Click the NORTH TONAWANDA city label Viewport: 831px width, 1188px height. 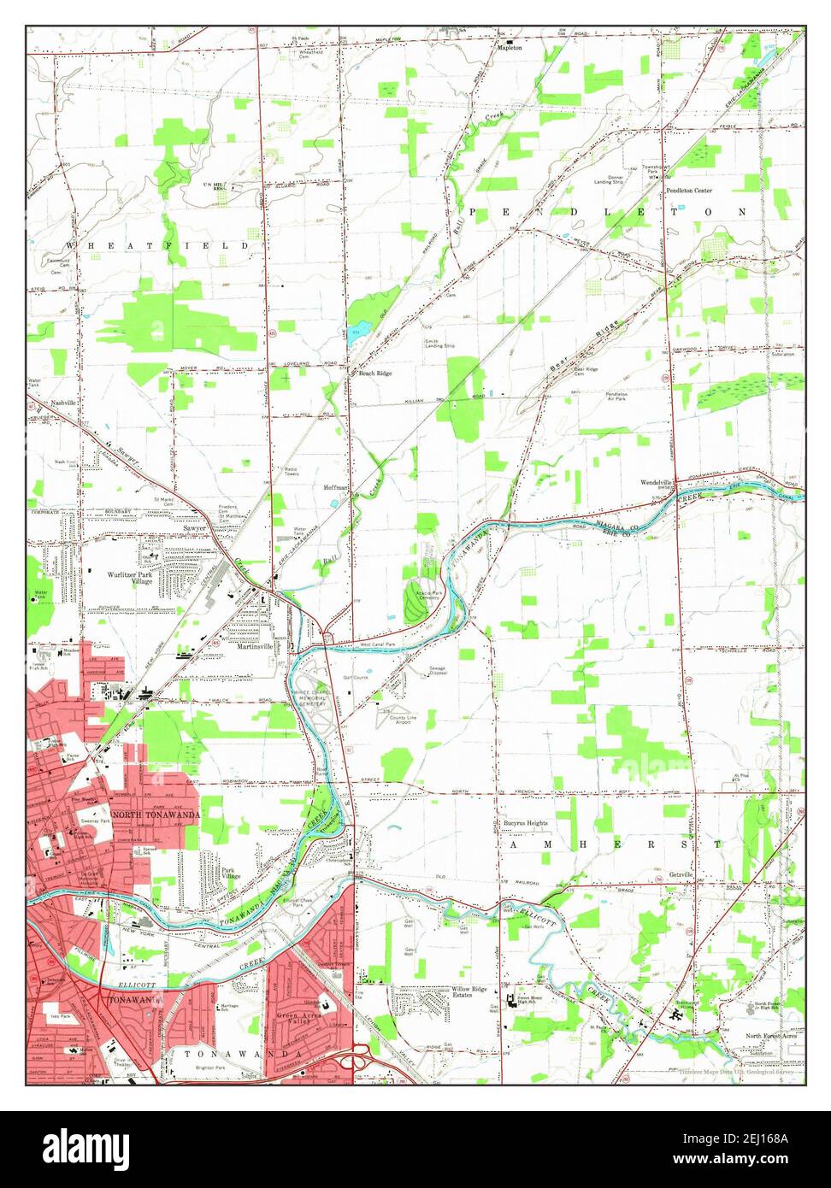click(x=156, y=815)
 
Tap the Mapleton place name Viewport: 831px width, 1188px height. click(x=510, y=49)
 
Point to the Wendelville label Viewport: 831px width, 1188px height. click(x=657, y=482)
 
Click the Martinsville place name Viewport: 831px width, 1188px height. click(x=255, y=647)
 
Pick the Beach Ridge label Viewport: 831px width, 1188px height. click(x=375, y=373)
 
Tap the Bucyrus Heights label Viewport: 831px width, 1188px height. click(x=523, y=823)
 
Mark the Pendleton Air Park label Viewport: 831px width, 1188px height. click(x=618, y=397)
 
